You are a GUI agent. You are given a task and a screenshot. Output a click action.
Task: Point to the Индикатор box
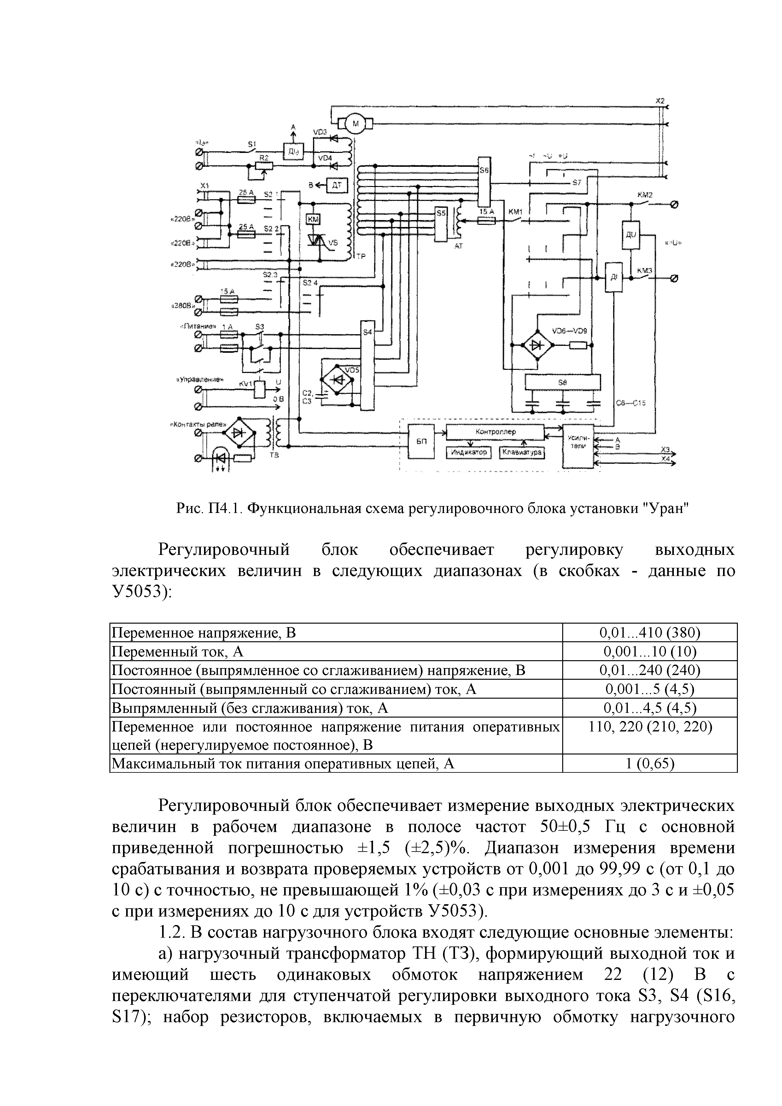coord(468,453)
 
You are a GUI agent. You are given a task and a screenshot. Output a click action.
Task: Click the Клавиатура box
coord(522,453)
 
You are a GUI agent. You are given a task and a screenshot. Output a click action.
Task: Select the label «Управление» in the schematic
coord(200,379)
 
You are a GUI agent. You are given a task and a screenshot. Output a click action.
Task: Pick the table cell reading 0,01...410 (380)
coord(650,632)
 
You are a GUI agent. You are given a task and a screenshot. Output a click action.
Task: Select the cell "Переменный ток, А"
coord(178,651)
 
